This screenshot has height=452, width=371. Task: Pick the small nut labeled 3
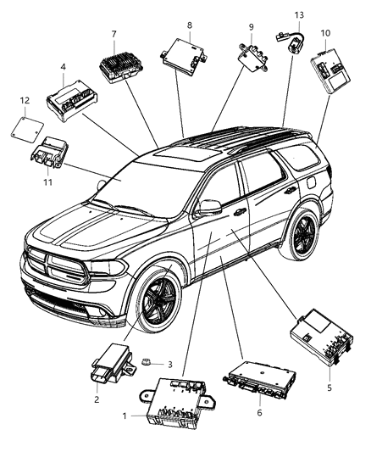click(x=148, y=363)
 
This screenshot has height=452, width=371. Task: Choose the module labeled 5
click(x=319, y=333)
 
